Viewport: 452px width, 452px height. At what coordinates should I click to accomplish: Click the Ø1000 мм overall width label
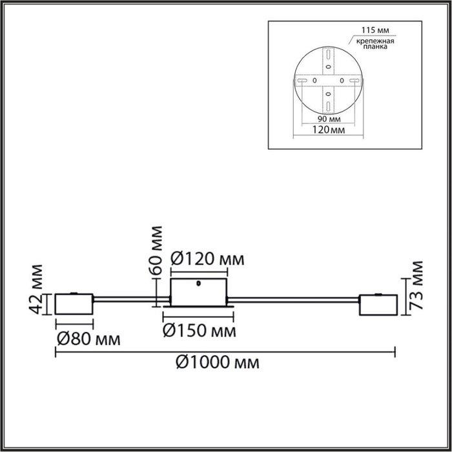coord(218,362)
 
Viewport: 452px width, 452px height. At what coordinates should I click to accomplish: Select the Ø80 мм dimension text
coord(88,339)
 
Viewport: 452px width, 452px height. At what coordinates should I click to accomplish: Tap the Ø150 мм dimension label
coord(199,331)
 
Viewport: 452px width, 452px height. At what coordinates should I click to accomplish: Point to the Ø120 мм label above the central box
coord(207,258)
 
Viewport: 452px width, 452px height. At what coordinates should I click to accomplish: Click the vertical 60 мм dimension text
coord(156,251)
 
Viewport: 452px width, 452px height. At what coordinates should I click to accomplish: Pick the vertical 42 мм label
coord(36,289)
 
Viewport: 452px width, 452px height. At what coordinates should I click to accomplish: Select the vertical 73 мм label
coord(416,285)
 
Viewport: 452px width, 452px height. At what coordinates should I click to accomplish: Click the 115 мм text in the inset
coord(375,30)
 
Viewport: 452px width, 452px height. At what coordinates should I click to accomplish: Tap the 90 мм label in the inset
coord(329,119)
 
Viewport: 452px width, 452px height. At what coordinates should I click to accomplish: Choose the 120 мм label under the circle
coord(329,130)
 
